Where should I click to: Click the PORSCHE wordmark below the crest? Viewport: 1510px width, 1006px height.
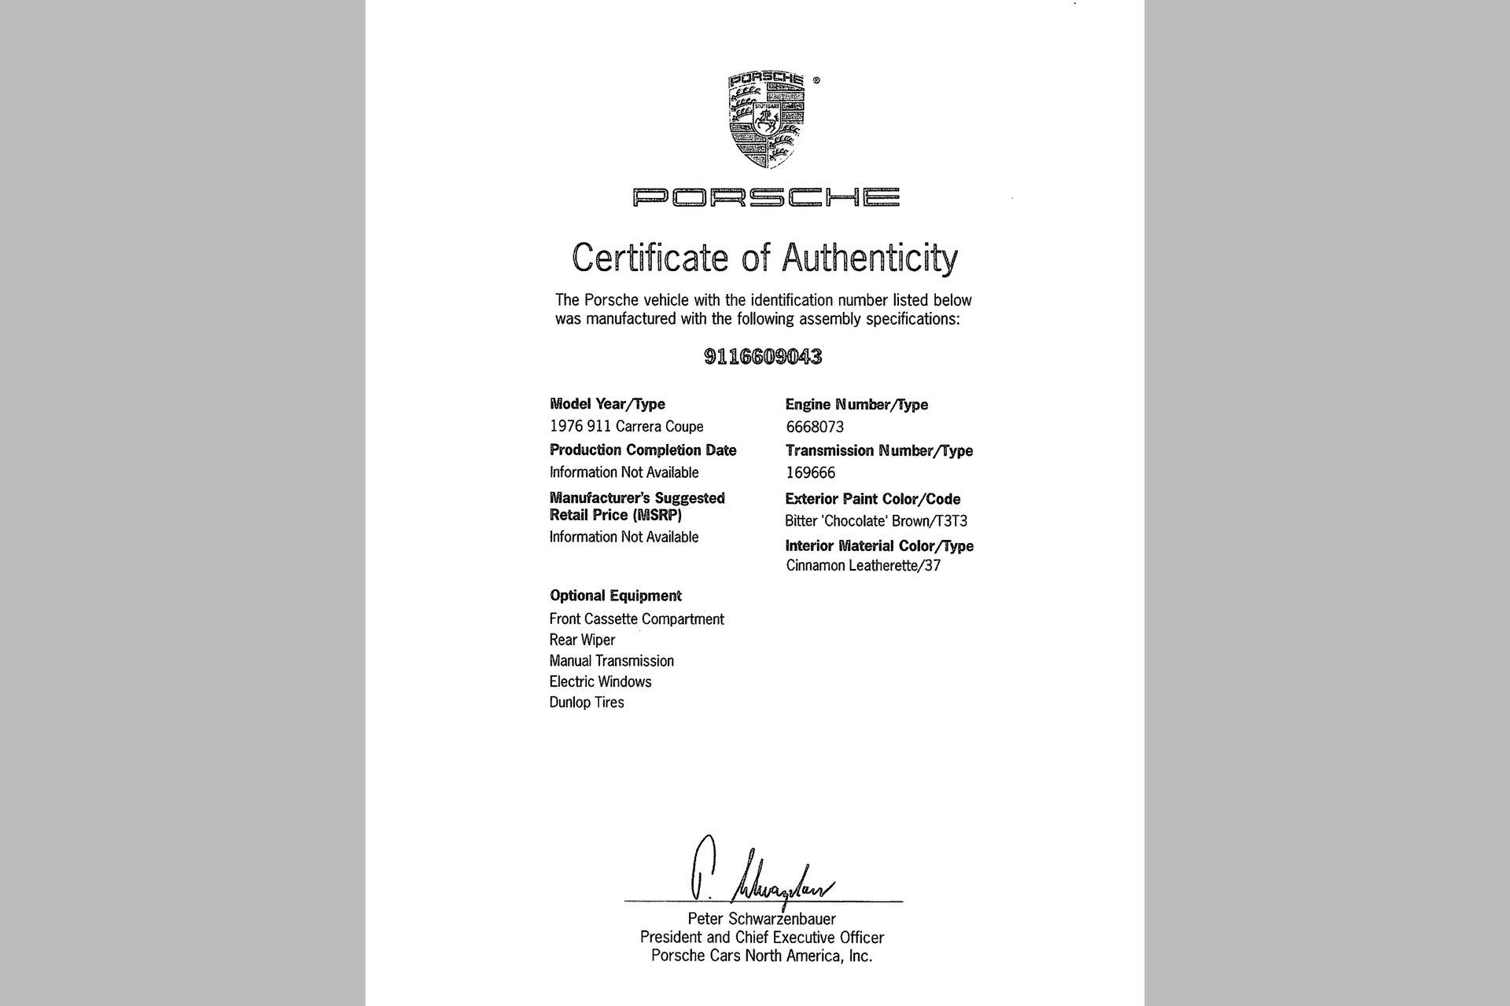pyautogui.click(x=766, y=196)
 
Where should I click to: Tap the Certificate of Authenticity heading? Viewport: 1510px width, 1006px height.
pyautogui.click(x=764, y=258)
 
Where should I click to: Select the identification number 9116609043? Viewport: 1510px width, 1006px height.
pyautogui.click(x=762, y=357)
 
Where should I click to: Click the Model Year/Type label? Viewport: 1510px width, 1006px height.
pyautogui.click(x=607, y=404)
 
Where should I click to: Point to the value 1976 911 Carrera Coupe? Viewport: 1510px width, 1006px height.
pyautogui.click(x=626, y=427)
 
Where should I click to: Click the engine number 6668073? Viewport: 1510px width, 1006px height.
pyautogui.click(x=815, y=428)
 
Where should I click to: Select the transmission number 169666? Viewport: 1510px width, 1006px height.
pyautogui.click(x=810, y=473)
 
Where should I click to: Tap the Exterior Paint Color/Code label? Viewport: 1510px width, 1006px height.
pyautogui.click(x=872, y=499)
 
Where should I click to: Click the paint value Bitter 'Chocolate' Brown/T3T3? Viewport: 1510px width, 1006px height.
pyautogui.click(x=875, y=521)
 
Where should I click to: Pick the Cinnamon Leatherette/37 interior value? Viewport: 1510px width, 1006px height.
pyautogui.click(x=863, y=566)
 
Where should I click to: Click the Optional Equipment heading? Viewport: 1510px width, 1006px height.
pyautogui.click(x=615, y=596)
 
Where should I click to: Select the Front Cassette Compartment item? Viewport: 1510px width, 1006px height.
pyautogui.click(x=636, y=619)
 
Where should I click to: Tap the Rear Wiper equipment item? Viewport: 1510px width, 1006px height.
pyautogui.click(x=582, y=641)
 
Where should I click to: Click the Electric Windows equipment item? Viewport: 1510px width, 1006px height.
pyautogui.click(x=600, y=682)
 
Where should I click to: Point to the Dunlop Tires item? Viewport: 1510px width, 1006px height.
pyautogui.click(x=587, y=703)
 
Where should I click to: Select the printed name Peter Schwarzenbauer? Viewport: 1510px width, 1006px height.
pyautogui.click(x=761, y=919)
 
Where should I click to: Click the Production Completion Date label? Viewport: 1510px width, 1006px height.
pyautogui.click(x=643, y=450)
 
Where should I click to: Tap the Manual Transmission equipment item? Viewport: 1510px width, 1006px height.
pyautogui.click(x=611, y=661)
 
